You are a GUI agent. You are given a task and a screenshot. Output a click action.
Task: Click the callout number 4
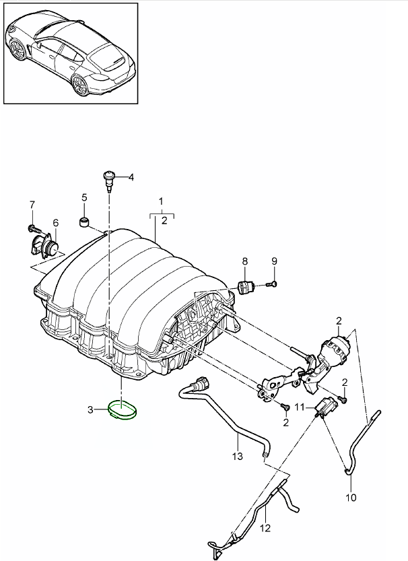[131, 178]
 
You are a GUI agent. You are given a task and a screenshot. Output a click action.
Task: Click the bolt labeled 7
[32, 227]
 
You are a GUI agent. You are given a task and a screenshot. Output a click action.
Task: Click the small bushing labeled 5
[86, 222]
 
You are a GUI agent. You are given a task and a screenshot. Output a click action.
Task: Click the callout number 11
[300, 407]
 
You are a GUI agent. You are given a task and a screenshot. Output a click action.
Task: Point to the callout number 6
[55, 223]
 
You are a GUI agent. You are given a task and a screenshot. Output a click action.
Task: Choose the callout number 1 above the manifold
[161, 201]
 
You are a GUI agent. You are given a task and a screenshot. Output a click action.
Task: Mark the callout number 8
[244, 261]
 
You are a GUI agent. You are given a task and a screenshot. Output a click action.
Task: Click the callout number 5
[85, 197]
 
